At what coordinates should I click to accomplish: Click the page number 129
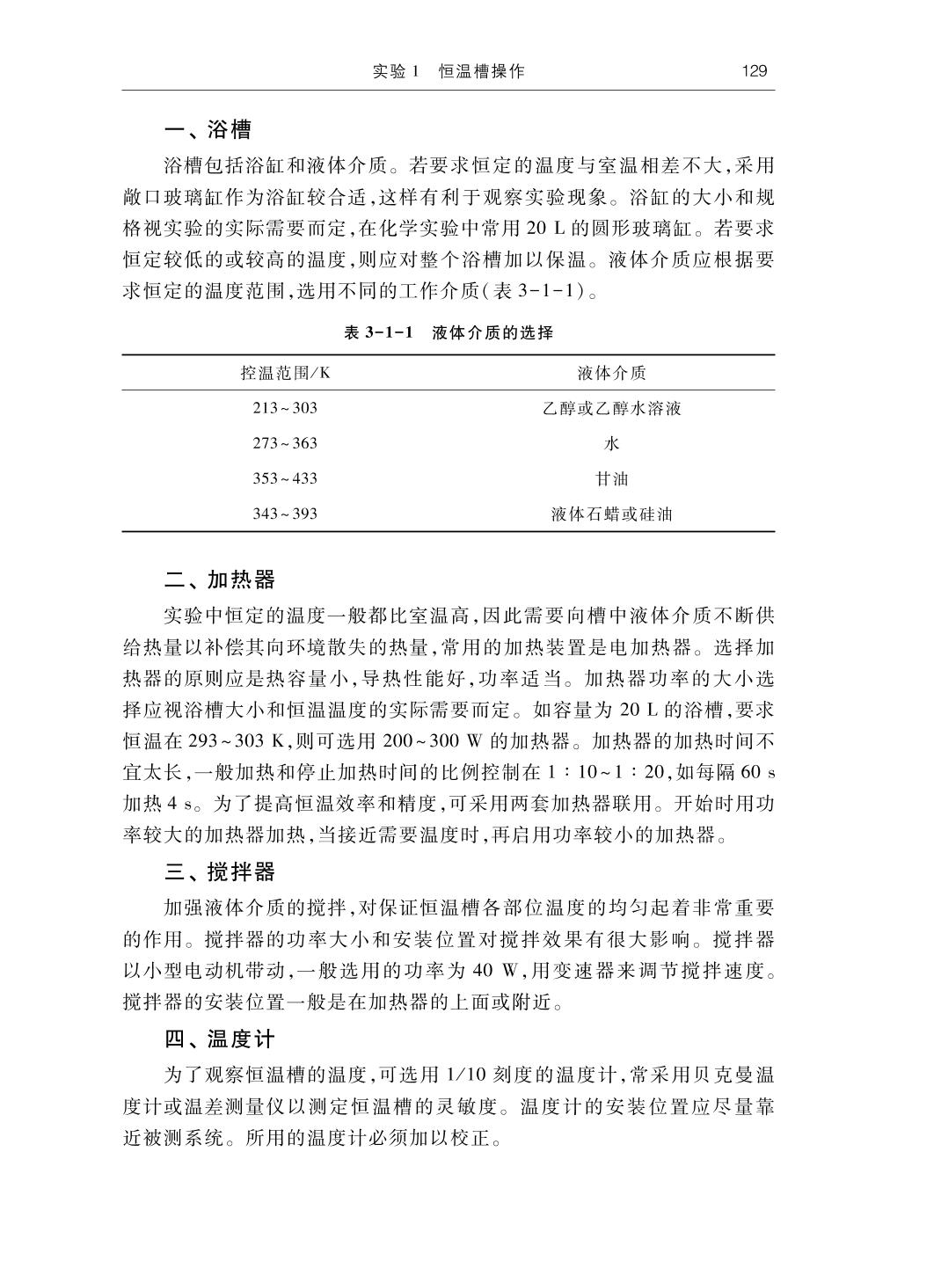(x=755, y=71)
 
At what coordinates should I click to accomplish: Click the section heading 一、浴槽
(x=208, y=131)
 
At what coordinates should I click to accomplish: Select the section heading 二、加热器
(x=220, y=580)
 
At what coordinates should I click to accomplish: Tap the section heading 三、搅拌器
(x=220, y=872)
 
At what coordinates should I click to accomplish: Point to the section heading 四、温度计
(x=220, y=1039)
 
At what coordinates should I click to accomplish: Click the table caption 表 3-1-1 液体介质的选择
(x=449, y=333)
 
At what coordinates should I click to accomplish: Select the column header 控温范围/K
(x=285, y=373)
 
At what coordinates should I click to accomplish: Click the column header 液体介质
(x=611, y=373)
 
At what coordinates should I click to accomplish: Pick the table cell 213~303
(x=285, y=408)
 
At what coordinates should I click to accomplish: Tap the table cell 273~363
(x=285, y=443)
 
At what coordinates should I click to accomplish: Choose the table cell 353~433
(x=285, y=478)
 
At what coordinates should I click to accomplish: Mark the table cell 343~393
(x=285, y=514)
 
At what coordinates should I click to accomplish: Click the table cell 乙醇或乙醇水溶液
(x=611, y=408)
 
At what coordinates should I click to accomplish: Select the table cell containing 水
(x=611, y=443)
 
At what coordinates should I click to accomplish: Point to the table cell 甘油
(x=611, y=478)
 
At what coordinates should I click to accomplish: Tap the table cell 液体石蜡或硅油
(x=611, y=514)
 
